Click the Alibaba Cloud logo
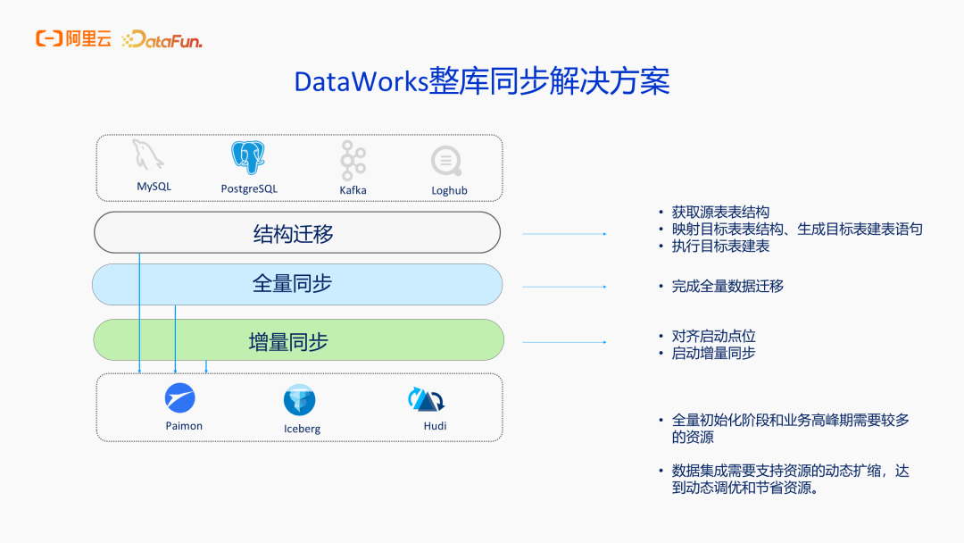coord(73,38)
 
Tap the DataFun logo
coord(162,39)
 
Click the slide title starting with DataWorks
coord(482,82)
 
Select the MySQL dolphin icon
coord(148,155)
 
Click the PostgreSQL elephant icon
coord(248,157)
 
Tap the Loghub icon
coord(446,161)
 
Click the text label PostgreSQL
coord(249,188)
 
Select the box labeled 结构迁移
coord(297,233)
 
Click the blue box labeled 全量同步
coord(297,284)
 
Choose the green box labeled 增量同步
coord(298,340)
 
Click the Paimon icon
coord(180,397)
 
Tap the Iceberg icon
coord(300,399)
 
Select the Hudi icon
coord(427,399)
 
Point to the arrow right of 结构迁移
coord(564,234)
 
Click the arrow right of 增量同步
coord(564,342)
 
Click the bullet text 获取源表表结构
coord(719,213)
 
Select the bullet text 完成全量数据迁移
coord(727,287)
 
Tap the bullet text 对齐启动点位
coord(713,336)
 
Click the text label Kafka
coord(353,189)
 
